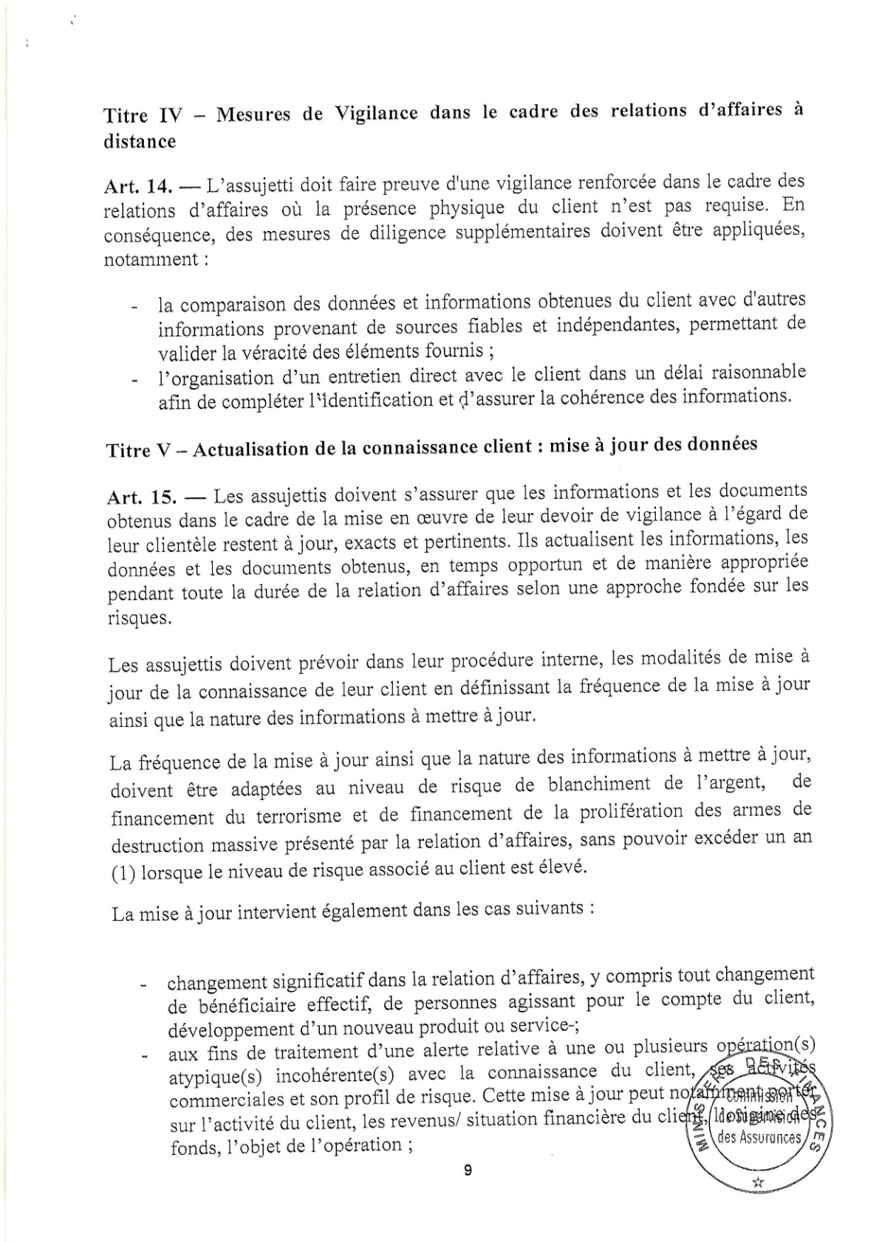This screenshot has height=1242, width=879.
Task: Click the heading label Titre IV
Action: [x=146, y=117]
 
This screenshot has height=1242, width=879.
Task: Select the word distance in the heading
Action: [x=140, y=142]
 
